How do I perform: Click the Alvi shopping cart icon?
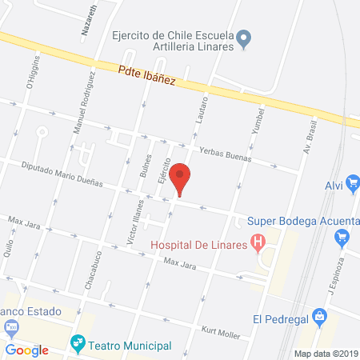click(353, 185)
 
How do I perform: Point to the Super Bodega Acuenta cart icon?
click(342, 237)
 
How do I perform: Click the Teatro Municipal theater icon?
click(78, 345)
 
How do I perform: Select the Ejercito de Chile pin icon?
click(246, 37)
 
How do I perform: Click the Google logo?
click(28, 350)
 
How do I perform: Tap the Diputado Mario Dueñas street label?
click(64, 174)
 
